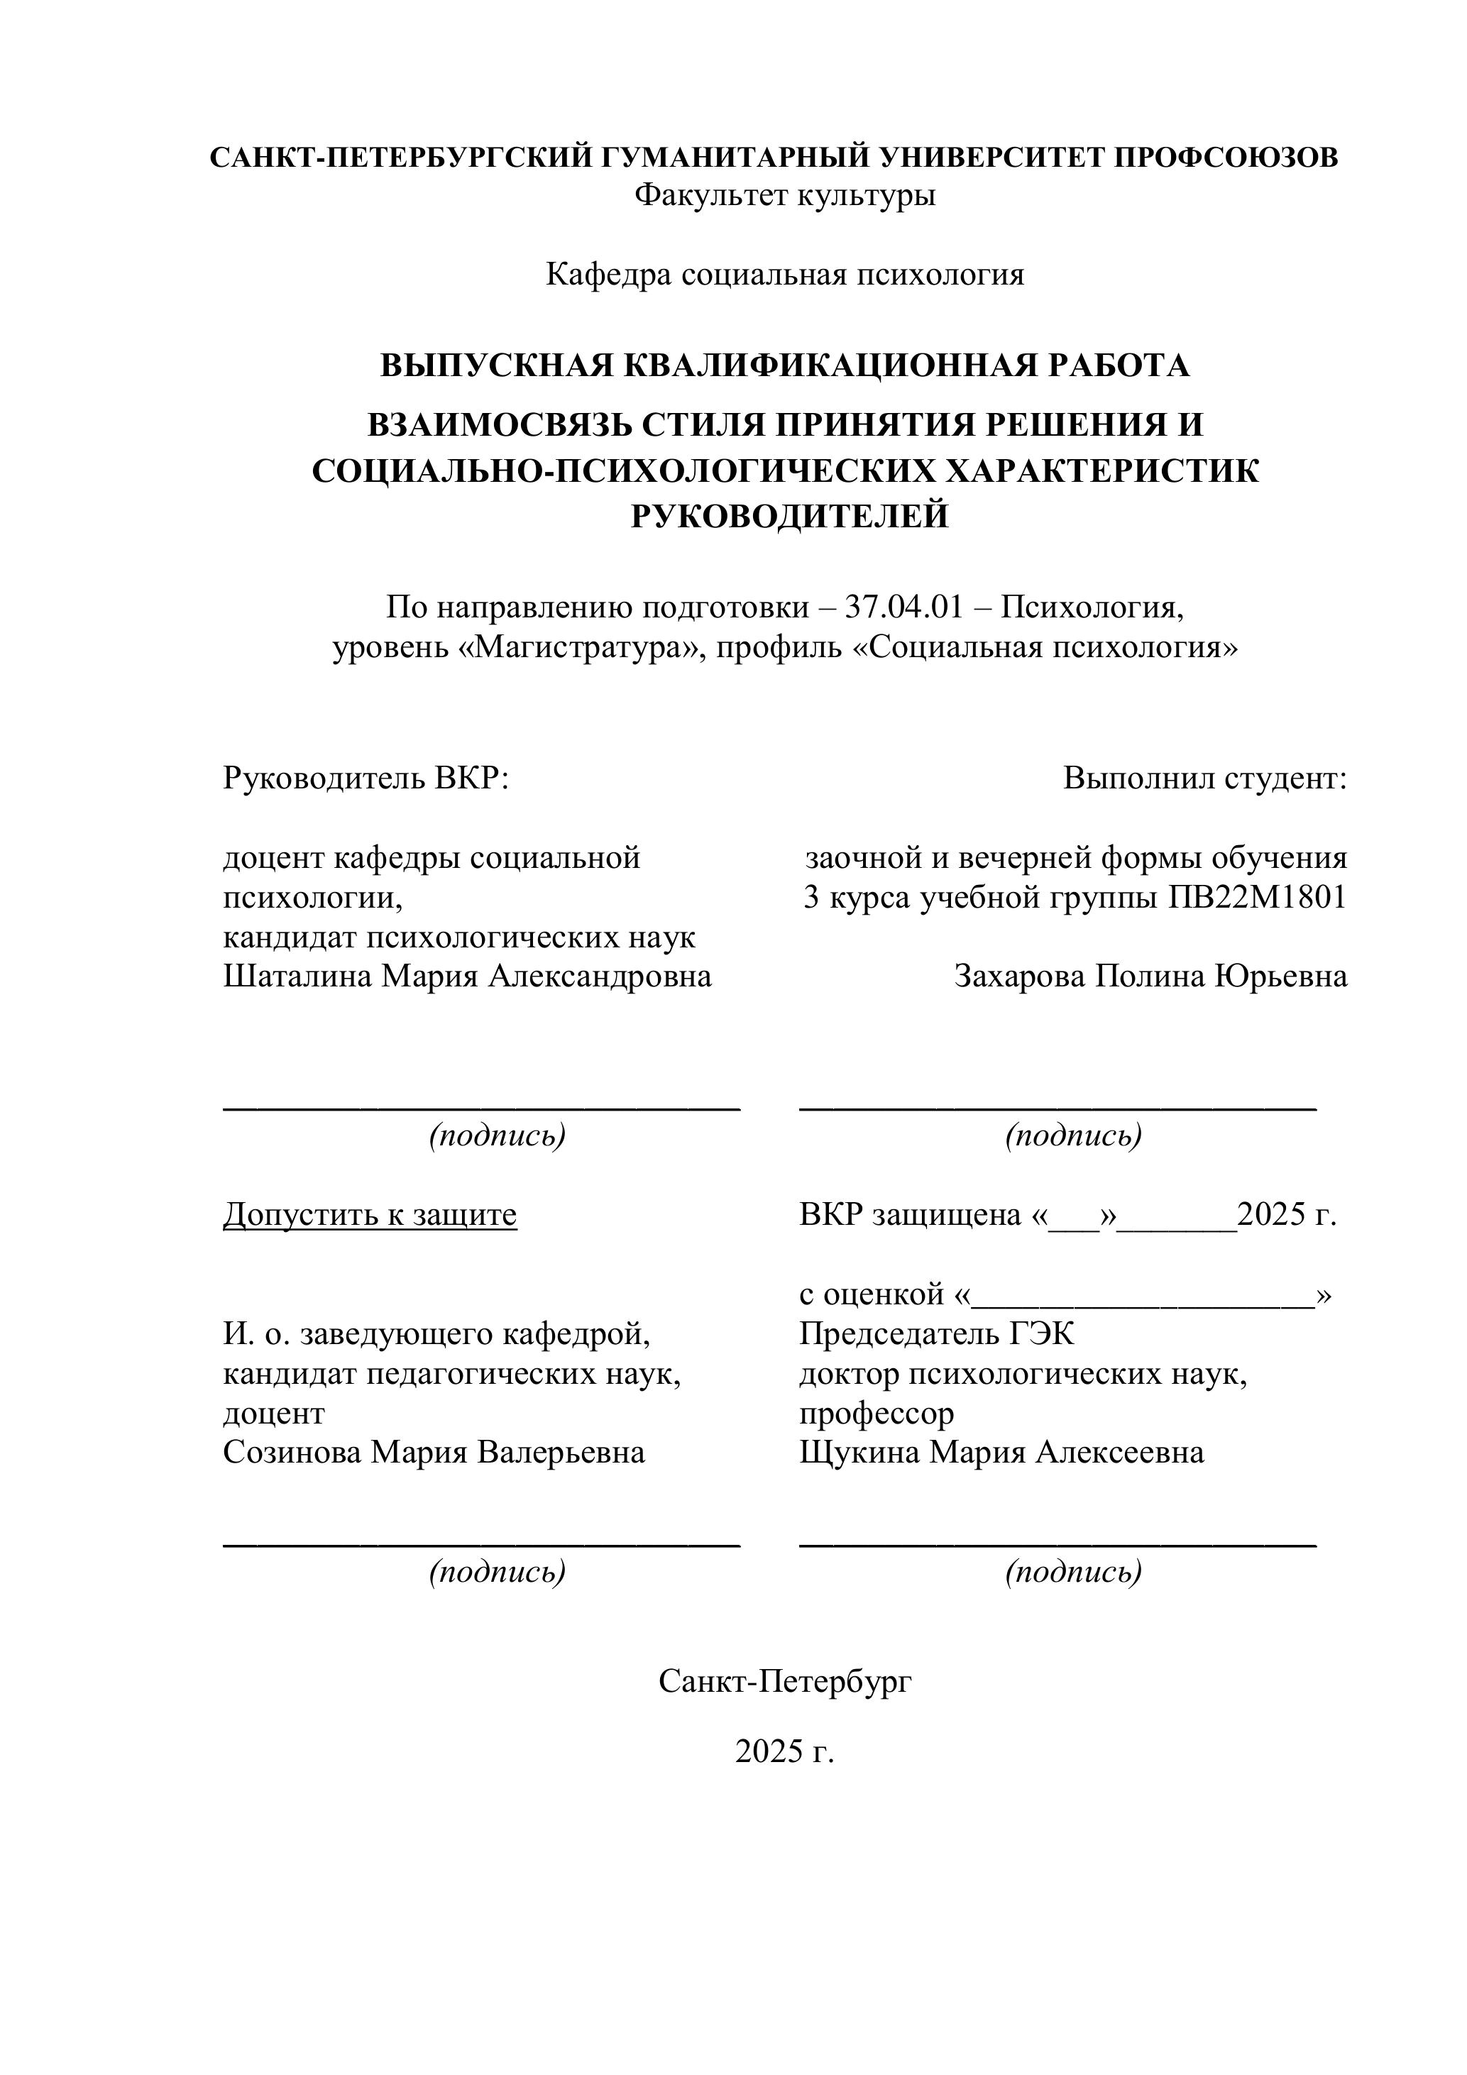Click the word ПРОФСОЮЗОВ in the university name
1226,158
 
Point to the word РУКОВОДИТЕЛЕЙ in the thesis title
789,516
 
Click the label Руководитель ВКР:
366,777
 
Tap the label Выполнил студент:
1204,777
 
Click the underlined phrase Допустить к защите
370,1215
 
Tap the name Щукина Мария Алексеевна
1001,1453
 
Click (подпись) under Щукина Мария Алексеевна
1073,1572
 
